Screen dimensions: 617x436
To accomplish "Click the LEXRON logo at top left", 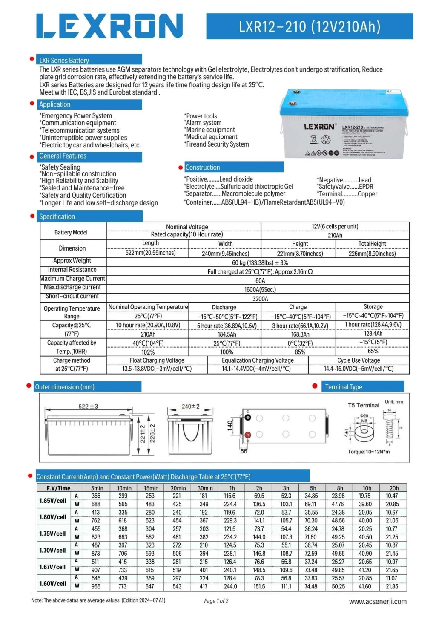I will (109, 26).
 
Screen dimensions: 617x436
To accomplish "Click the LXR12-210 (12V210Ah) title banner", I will (310, 26).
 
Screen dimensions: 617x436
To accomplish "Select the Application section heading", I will (55, 104).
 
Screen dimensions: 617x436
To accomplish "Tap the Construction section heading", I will (203, 167).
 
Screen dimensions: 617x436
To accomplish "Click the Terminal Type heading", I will (344, 387).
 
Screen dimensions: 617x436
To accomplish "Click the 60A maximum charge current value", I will (260, 281).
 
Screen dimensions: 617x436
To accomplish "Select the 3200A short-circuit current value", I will (260, 299).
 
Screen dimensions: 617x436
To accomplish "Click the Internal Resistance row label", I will (72, 270).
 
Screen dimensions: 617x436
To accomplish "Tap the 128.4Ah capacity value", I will (373, 334).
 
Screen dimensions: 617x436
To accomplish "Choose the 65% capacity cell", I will (373, 351).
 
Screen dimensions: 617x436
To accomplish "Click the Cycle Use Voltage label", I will (359, 360).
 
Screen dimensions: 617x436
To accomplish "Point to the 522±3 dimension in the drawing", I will (88, 407).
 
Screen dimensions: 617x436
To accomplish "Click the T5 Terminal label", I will (363, 405).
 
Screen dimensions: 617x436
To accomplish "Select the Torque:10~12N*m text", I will (368, 452).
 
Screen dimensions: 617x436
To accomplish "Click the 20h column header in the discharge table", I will (394, 488).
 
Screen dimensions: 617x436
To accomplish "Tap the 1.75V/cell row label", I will (53, 533).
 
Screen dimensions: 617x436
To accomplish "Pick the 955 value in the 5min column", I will (96, 587).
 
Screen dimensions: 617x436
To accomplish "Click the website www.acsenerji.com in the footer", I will (378, 602).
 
